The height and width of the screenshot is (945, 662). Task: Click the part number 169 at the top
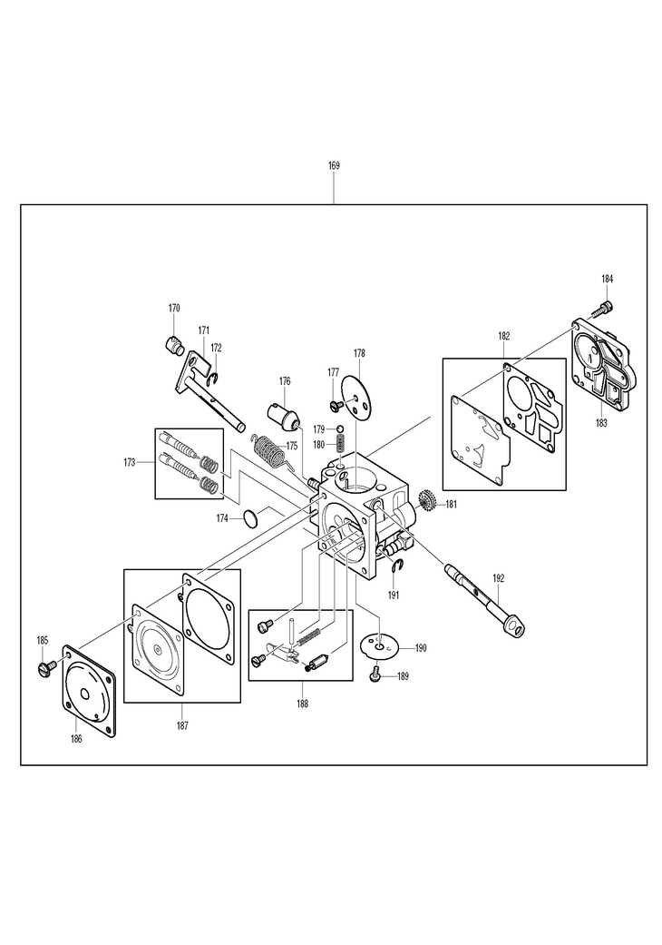tap(334, 166)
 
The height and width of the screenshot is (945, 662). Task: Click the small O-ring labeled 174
tap(248, 518)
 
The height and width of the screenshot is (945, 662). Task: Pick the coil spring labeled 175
tap(269, 449)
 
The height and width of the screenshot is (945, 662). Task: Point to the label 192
tap(498, 578)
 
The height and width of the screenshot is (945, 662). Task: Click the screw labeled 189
tap(375, 674)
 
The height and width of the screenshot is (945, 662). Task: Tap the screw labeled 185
tap(43, 667)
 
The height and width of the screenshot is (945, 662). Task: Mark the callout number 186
tap(76, 739)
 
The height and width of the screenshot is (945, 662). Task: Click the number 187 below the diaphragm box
tap(182, 724)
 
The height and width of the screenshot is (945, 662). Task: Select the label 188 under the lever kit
tap(302, 704)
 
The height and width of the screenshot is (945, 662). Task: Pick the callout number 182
tap(503, 336)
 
